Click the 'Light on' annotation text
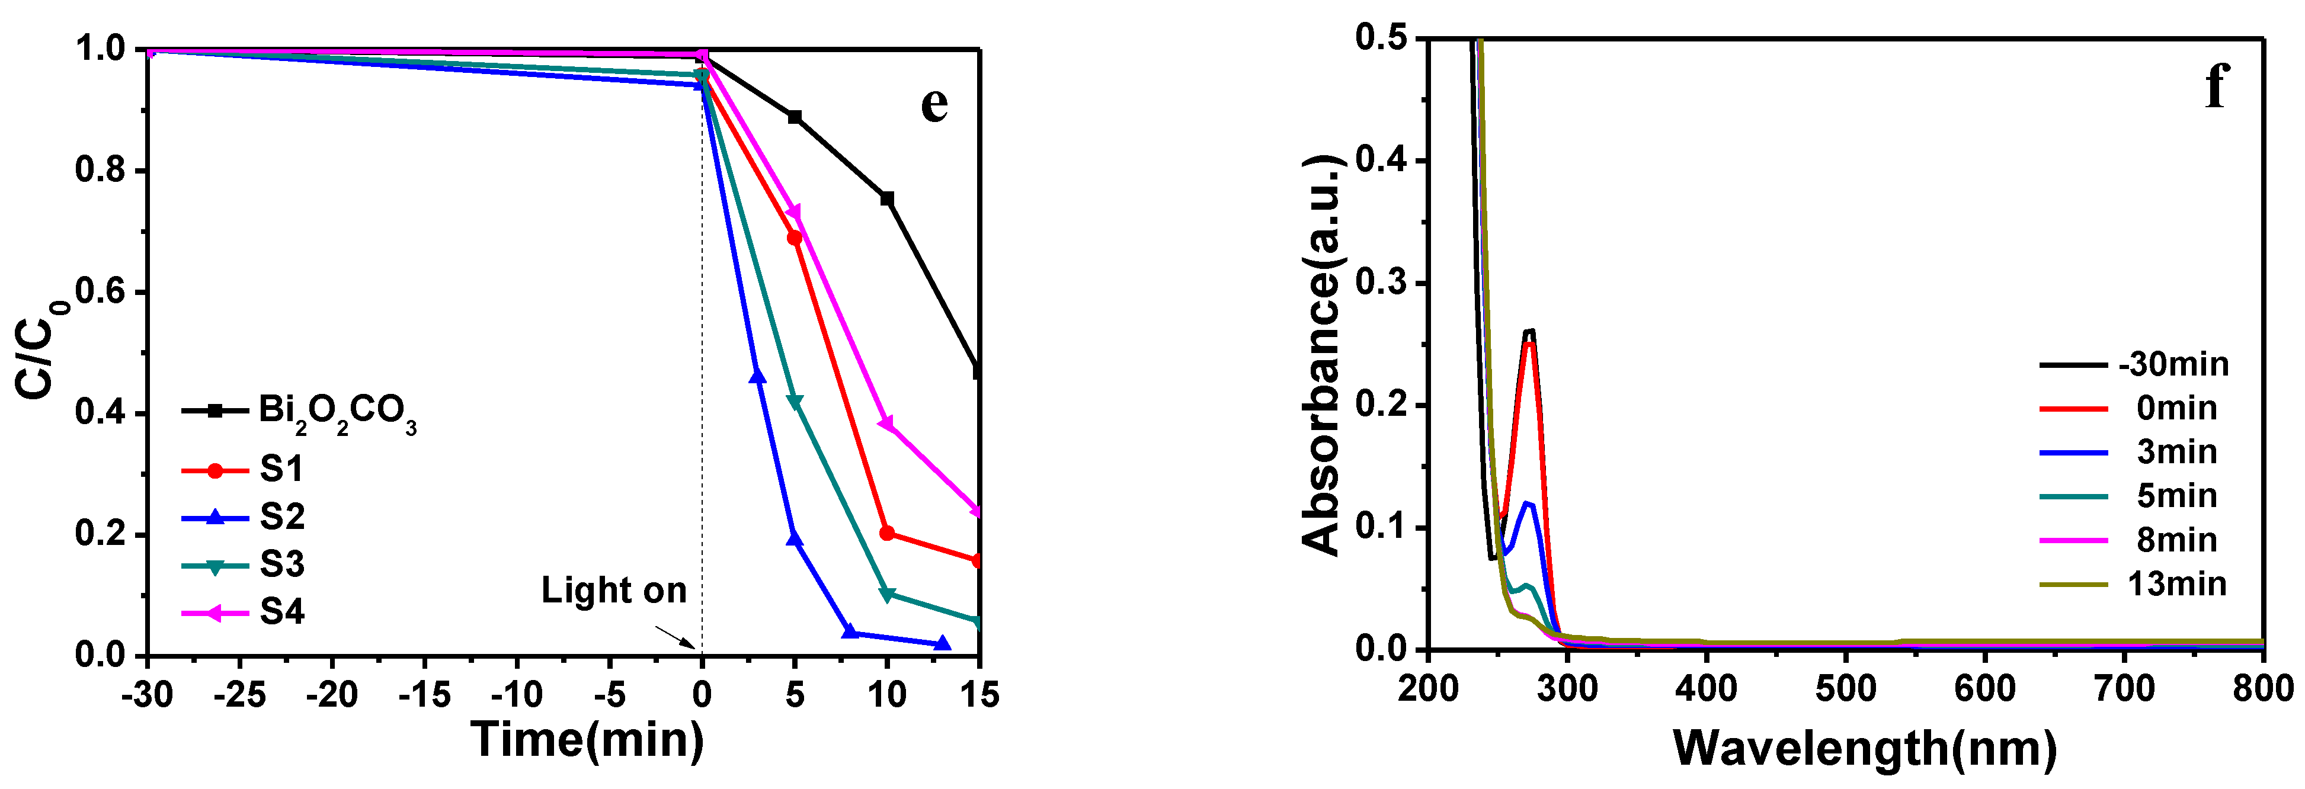(x=614, y=591)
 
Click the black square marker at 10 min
(x=887, y=198)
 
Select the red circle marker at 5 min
(x=793, y=238)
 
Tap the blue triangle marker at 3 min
(x=757, y=377)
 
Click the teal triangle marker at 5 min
(x=793, y=402)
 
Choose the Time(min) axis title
(x=588, y=740)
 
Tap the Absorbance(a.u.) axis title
(x=1323, y=355)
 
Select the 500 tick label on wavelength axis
(x=1845, y=689)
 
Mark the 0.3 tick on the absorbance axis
(x=1382, y=283)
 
